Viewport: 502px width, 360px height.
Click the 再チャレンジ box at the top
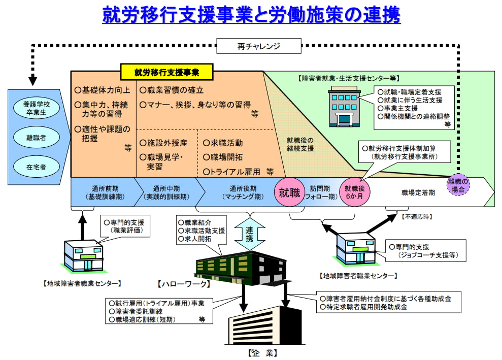tap(259, 46)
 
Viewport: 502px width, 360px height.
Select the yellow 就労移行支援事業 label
tap(167, 72)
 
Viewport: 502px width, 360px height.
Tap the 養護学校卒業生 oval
tap(36, 108)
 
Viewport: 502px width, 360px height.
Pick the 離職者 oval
tap(36, 138)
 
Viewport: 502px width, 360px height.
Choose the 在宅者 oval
tap(36, 167)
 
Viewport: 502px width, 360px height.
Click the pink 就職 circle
tap(289, 192)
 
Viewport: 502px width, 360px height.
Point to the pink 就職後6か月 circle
tap(354, 192)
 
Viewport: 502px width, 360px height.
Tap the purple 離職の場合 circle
tap(458, 185)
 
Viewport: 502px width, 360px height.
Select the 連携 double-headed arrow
tap(249, 234)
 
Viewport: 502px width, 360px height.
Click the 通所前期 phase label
tap(105, 192)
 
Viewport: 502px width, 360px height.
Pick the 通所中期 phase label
tap(166, 192)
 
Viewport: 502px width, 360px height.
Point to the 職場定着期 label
tap(418, 192)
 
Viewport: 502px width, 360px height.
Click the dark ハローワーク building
tap(241, 268)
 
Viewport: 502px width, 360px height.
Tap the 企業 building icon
tap(265, 325)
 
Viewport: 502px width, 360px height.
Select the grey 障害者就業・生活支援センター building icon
tap(344, 106)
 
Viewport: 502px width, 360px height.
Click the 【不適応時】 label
tap(417, 217)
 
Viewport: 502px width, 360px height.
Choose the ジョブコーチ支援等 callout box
tap(425, 251)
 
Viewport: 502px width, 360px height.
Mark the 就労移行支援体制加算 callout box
tap(405, 152)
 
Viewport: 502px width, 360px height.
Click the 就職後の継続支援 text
tap(300, 144)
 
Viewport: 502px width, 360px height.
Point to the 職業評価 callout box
tap(125, 226)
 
